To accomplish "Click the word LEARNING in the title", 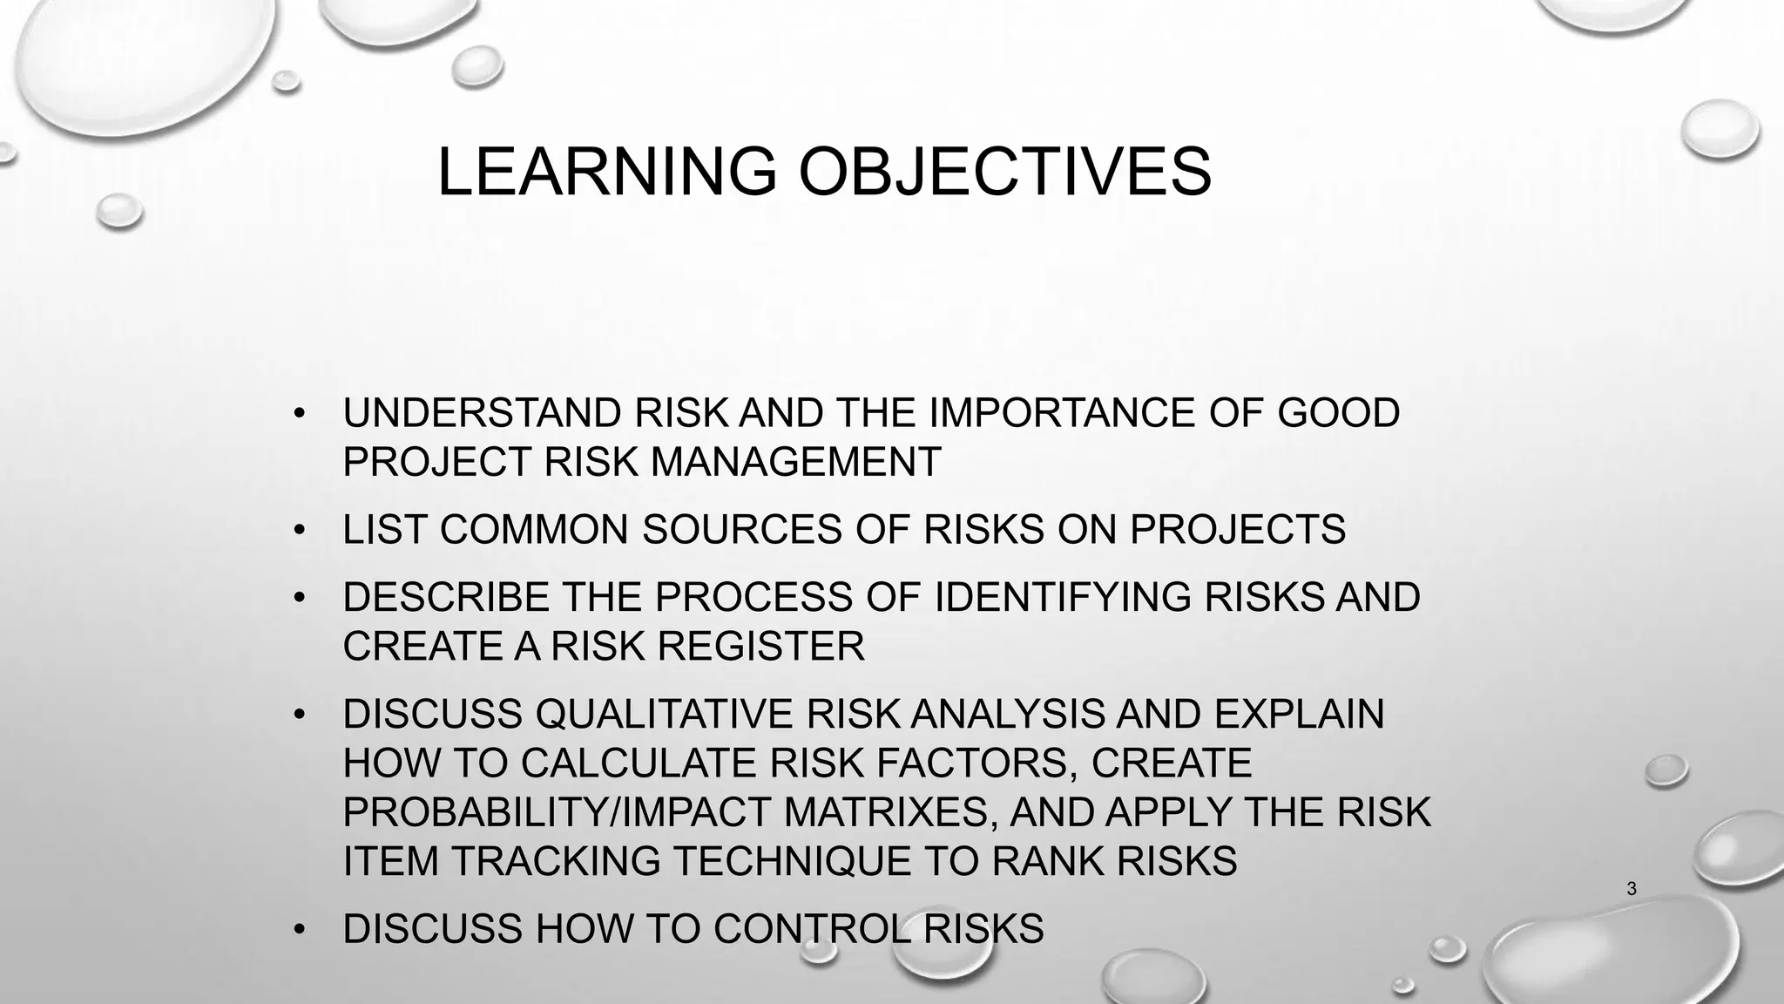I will tap(606, 172).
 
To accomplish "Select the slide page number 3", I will tap(1632, 889).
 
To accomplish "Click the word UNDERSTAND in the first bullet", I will tap(482, 413).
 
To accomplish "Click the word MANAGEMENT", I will tap(795, 462).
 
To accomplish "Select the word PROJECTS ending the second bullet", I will tap(1238, 530).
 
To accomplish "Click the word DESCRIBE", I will tap(445, 598).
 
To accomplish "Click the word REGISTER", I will tap(760, 647).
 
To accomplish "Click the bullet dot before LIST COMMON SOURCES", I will tap(300, 530).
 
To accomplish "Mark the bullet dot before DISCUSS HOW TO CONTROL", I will tap(300, 929).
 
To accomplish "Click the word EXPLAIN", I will tap(1298, 715).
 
